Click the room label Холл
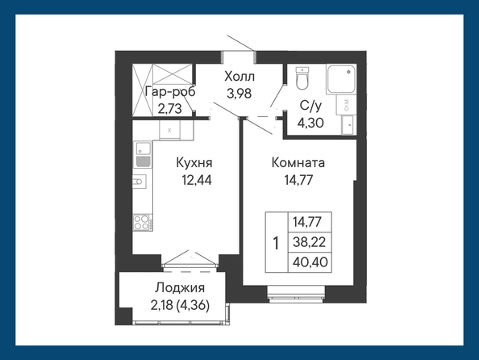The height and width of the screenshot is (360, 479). pos(240,77)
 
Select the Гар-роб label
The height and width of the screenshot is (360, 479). pos(170,92)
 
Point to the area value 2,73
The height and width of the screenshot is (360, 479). pos(170,108)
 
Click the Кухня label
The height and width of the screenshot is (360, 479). pos(194,163)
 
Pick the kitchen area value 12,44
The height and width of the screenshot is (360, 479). pos(197,180)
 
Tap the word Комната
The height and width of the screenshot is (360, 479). pos(298,163)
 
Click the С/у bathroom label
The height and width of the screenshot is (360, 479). pos(310,106)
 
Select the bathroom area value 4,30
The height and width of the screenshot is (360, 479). pos(310,123)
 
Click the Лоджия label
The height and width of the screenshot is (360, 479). pos(180,288)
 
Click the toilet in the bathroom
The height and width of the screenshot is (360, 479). pos(302,78)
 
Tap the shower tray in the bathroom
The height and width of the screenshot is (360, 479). pos(341,79)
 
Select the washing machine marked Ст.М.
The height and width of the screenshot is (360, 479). pos(346,105)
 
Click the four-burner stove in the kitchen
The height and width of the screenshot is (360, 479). pos(143,222)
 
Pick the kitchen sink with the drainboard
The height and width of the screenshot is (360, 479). pos(143,154)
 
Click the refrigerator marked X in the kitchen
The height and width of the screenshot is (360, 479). pos(169,130)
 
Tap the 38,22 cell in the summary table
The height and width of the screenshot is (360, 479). pos(310,242)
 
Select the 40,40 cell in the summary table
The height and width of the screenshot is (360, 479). pos(310,262)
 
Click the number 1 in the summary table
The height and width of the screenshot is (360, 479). pos(277,244)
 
